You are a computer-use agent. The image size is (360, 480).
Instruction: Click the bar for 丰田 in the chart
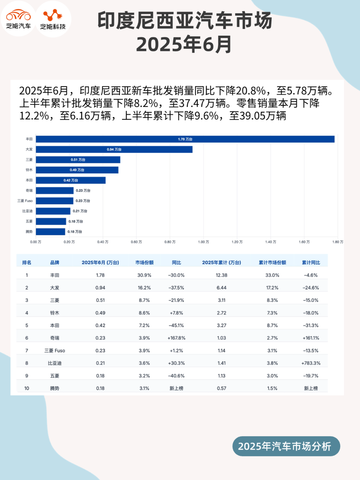coord(185,139)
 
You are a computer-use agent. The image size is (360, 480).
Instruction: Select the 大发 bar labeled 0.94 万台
coord(114,149)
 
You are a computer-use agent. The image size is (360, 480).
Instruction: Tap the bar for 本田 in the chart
coord(71,180)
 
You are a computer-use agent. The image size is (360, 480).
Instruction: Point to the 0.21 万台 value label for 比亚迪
coord(80,211)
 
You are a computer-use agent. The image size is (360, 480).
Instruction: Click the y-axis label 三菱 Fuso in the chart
coord(25,201)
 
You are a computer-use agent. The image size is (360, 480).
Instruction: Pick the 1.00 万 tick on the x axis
coord(203,242)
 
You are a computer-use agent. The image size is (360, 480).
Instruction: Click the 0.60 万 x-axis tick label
coord(136,242)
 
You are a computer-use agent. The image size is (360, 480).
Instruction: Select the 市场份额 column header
coord(144,263)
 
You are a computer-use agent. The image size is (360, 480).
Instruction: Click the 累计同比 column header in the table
coord(311,263)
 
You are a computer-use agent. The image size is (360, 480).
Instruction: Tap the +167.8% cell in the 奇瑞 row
coord(176,338)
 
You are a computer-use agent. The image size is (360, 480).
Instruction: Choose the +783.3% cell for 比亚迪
coord(311,363)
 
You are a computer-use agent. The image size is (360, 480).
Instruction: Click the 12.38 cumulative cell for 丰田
coord(221,275)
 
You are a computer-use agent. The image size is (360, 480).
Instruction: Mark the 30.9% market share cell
coord(144,275)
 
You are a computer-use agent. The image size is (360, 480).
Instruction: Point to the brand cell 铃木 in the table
coord(55,313)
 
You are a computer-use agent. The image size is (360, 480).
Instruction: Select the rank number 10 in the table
coord(27,388)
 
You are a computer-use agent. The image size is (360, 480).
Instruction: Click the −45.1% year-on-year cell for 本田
coord(176,325)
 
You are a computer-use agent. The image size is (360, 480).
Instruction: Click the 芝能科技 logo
coord(53,19)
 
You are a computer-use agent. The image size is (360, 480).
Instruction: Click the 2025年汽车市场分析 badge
coord(286,446)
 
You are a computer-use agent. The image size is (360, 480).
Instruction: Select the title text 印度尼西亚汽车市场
coord(185,21)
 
